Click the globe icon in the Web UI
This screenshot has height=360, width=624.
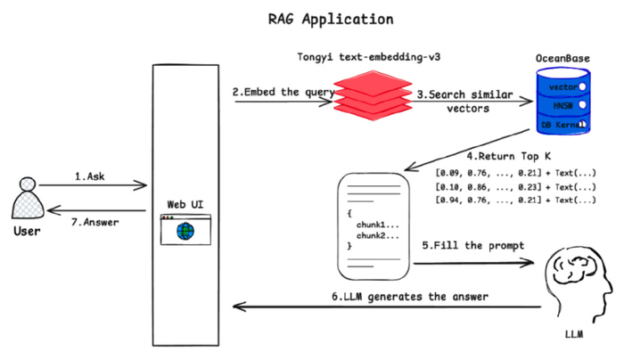185,232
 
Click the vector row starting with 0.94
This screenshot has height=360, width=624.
514,200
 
